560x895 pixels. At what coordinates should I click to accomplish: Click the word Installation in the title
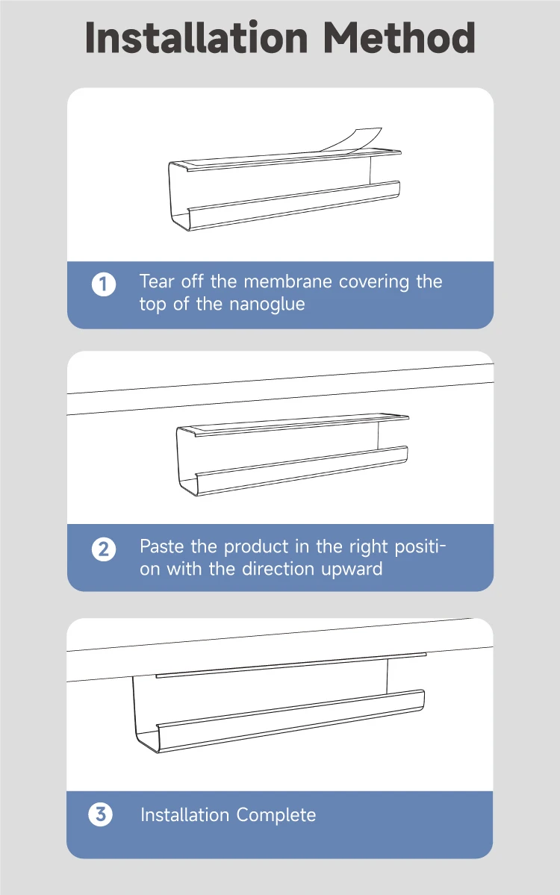tap(197, 37)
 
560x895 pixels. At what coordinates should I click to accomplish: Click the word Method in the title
tap(399, 37)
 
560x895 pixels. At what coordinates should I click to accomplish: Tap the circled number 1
tap(104, 284)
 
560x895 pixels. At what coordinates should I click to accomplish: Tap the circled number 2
tap(104, 549)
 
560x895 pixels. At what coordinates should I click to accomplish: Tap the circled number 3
tap(101, 814)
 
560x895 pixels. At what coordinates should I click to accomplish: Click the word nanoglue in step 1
tap(267, 305)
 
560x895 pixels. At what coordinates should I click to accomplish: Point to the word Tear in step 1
tap(156, 281)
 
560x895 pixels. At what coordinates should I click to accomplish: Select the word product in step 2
tap(256, 547)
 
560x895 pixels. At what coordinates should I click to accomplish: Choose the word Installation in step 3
tap(185, 814)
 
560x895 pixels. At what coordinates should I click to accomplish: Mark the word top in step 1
tap(153, 305)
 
